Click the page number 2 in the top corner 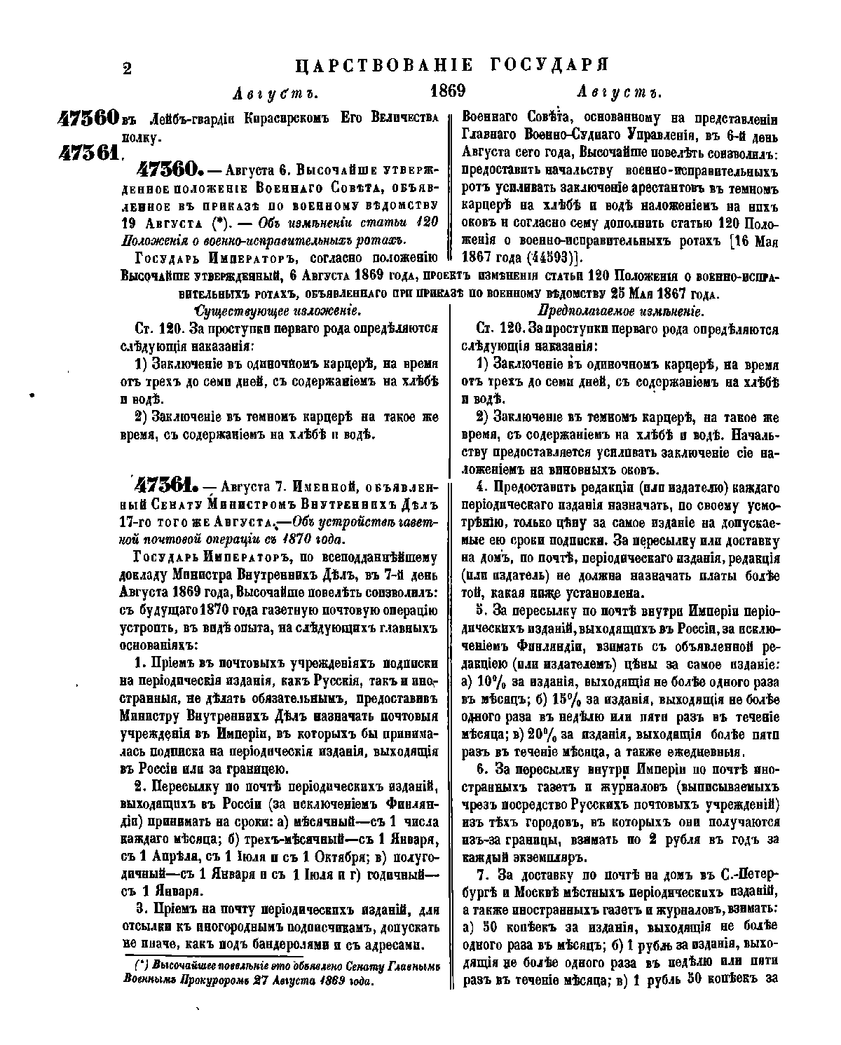tap(128, 68)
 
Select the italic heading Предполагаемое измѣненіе tap(620, 310)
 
